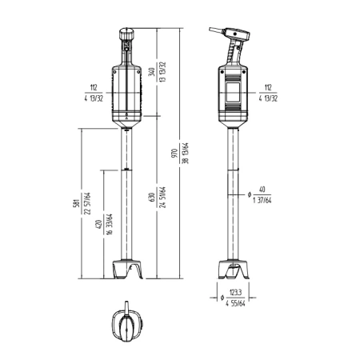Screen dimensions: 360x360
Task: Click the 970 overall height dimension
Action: point(174,153)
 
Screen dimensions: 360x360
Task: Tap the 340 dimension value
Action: point(152,72)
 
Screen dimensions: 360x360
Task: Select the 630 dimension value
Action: point(152,197)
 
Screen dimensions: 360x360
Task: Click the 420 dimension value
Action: point(98,224)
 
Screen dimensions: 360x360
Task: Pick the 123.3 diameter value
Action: point(235,293)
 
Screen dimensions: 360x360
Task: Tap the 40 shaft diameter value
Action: point(262,190)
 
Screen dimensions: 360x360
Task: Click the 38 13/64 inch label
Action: point(186,153)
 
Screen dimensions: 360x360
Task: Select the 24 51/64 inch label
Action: point(163,197)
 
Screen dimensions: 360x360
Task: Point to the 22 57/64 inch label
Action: point(87,203)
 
